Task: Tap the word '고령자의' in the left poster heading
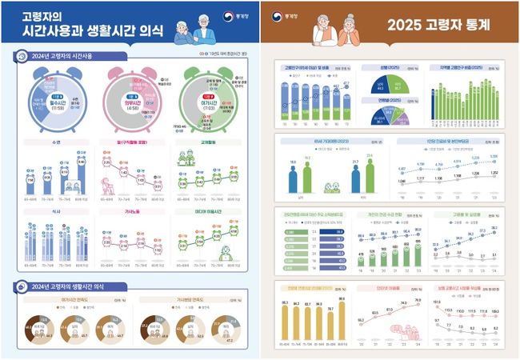coord(42,15)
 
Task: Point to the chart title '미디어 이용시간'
coord(213,212)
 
